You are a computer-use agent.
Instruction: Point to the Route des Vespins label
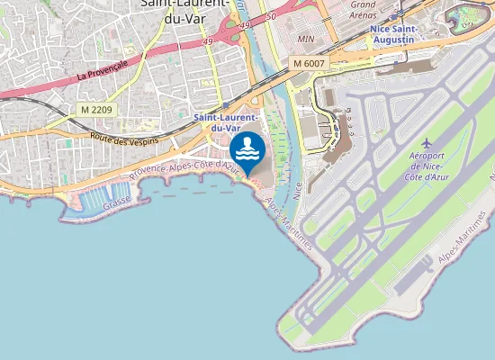tap(124, 139)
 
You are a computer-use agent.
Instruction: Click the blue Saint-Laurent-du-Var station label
tap(227, 122)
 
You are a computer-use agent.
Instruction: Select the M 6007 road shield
tap(308, 64)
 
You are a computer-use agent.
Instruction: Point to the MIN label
tap(306, 40)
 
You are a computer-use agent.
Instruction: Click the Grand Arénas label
tap(362, 10)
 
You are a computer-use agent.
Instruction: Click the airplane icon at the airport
tap(427, 144)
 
